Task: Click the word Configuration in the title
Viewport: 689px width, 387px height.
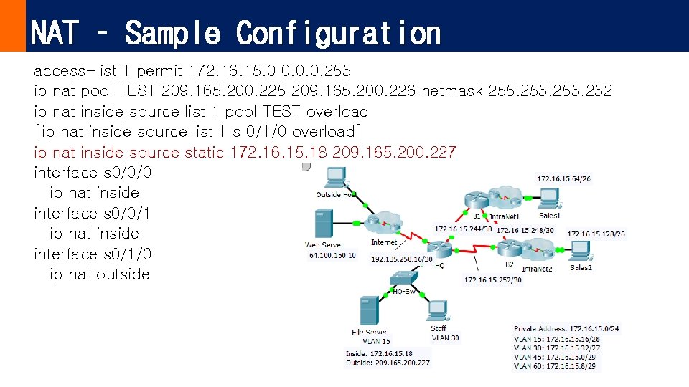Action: pos(338,33)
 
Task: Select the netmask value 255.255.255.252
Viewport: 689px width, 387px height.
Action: pos(550,91)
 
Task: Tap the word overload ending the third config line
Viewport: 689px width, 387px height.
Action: pos(337,112)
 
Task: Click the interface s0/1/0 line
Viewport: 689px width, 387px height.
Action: pos(93,254)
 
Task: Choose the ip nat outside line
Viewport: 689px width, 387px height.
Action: pos(100,274)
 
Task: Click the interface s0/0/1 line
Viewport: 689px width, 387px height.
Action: pos(93,214)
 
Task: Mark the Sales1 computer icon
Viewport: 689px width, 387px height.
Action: pos(550,196)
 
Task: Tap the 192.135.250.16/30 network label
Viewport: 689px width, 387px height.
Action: pos(402,259)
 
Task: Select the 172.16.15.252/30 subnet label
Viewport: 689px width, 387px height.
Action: pos(493,280)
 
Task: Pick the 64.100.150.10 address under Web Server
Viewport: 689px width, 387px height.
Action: pos(332,255)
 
